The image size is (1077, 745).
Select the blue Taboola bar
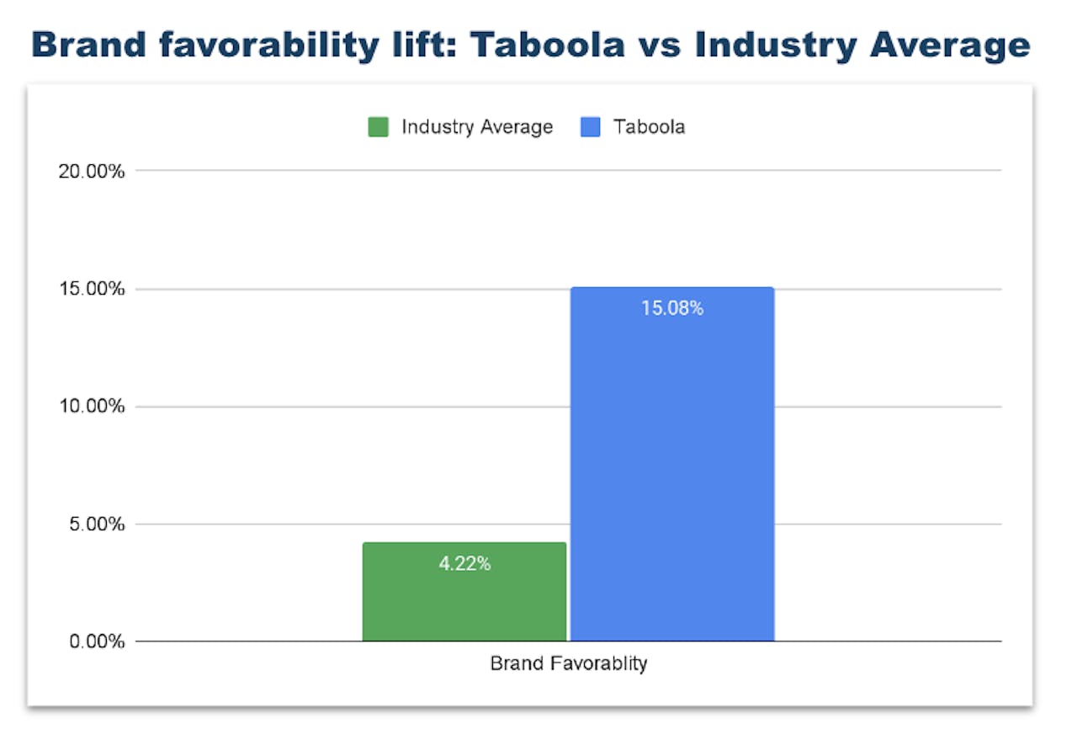[671, 471]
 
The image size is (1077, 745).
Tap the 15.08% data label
[671, 308]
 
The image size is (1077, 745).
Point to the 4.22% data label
[464, 564]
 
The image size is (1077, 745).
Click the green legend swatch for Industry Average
[378, 128]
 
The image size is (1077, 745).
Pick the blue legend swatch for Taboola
[590, 128]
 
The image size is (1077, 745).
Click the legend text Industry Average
[477, 128]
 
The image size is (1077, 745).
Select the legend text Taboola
[649, 128]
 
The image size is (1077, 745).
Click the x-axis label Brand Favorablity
[569, 663]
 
